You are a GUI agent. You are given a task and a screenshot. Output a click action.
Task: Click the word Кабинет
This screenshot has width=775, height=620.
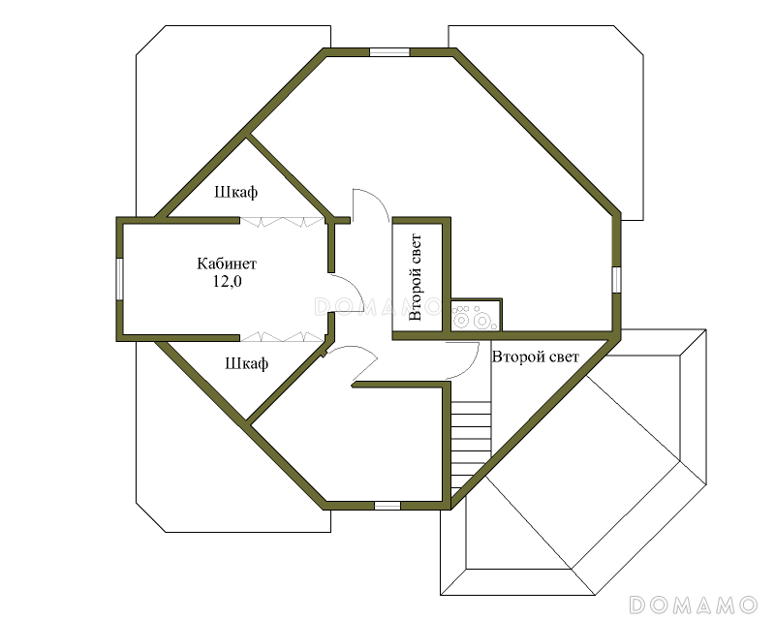pyautogui.click(x=227, y=263)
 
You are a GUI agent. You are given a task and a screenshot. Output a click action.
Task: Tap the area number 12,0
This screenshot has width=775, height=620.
pyautogui.click(x=228, y=282)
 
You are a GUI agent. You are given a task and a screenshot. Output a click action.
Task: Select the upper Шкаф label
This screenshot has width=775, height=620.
pyautogui.click(x=235, y=192)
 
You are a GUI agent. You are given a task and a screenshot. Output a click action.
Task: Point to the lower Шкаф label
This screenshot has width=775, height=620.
pyautogui.click(x=247, y=363)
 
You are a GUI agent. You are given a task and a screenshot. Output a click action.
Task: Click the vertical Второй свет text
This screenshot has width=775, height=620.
pyautogui.click(x=416, y=277)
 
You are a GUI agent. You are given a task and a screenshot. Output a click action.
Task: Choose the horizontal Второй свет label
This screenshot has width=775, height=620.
pyautogui.click(x=536, y=356)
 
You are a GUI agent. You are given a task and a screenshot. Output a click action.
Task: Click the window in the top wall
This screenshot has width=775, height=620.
pyautogui.click(x=390, y=52)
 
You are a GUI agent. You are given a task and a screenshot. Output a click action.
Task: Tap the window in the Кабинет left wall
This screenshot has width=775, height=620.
pyautogui.click(x=119, y=279)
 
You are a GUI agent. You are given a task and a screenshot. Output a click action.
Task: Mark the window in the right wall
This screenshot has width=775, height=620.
pyautogui.click(x=616, y=280)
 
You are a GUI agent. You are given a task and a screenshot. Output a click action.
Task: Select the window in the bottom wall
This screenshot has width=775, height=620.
pyautogui.click(x=387, y=506)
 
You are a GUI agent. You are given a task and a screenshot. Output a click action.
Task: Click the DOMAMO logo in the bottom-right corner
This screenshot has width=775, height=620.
pyautogui.click(x=694, y=604)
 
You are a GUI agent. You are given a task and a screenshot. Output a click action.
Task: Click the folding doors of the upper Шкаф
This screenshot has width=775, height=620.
pyautogui.click(x=281, y=222)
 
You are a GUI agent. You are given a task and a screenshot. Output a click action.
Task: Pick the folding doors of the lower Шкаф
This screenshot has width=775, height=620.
pyautogui.click(x=281, y=337)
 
